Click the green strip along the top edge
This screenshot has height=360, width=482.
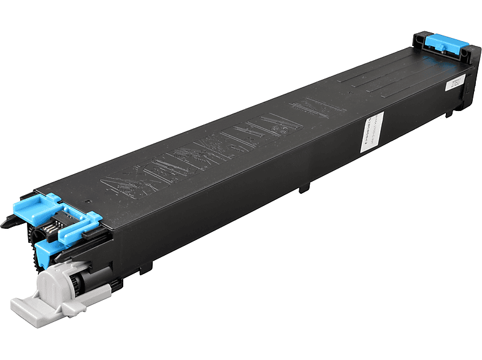pos(241,15)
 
